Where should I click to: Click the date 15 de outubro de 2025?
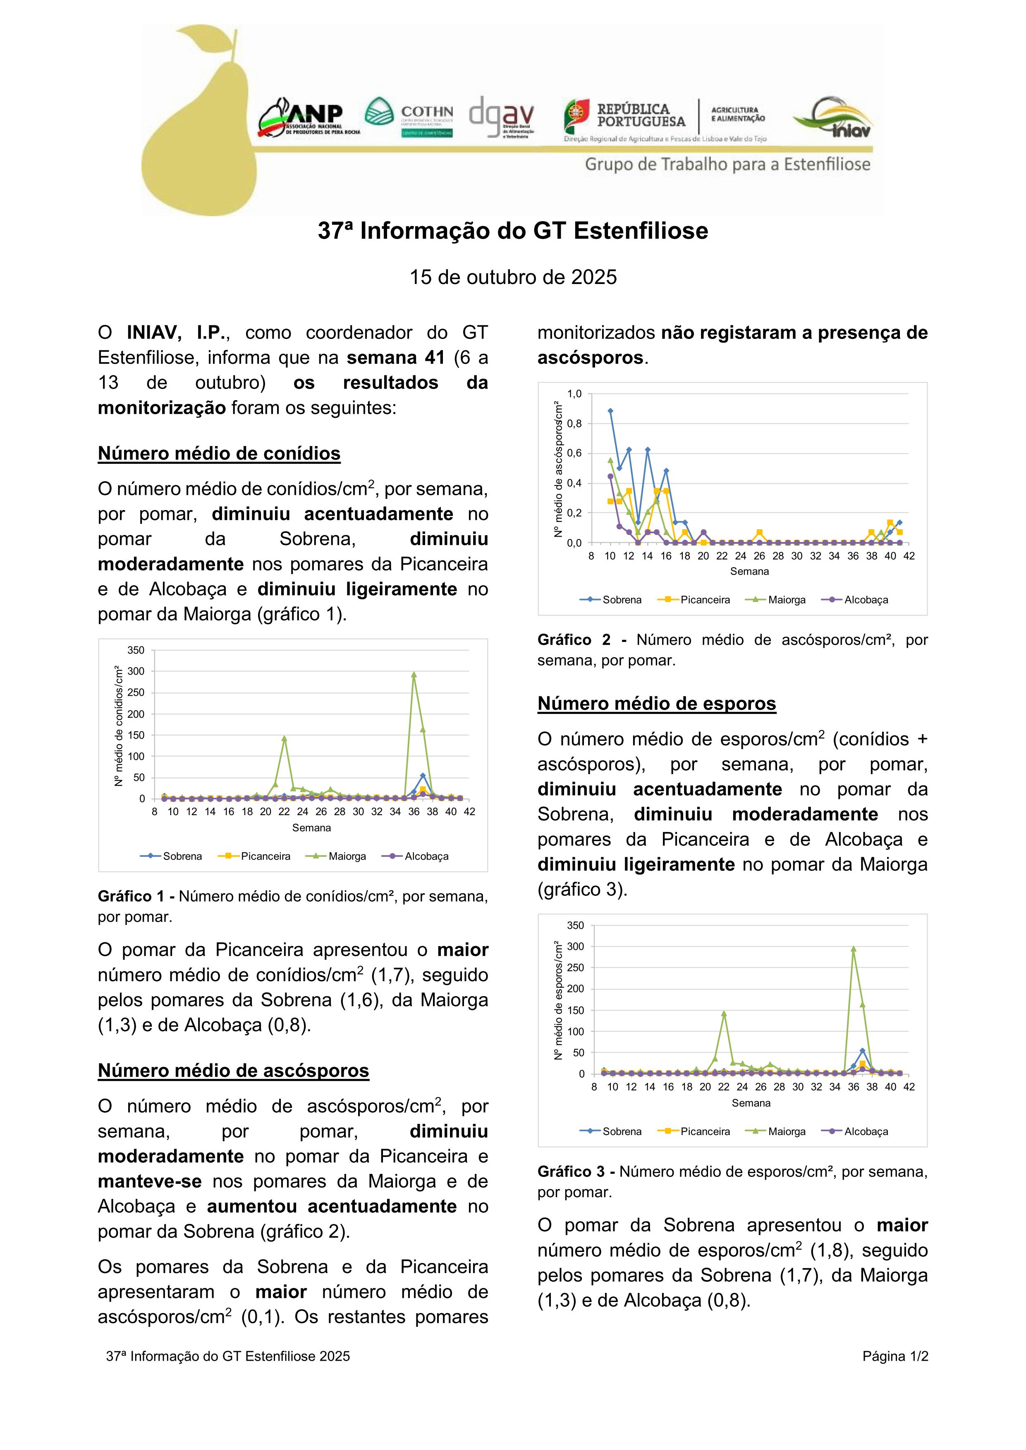(x=512, y=277)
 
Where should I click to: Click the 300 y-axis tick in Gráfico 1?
(x=136, y=671)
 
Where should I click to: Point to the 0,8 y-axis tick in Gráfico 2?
(x=574, y=424)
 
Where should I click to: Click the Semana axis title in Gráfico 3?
(x=751, y=1103)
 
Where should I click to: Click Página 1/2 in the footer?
(x=894, y=1356)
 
